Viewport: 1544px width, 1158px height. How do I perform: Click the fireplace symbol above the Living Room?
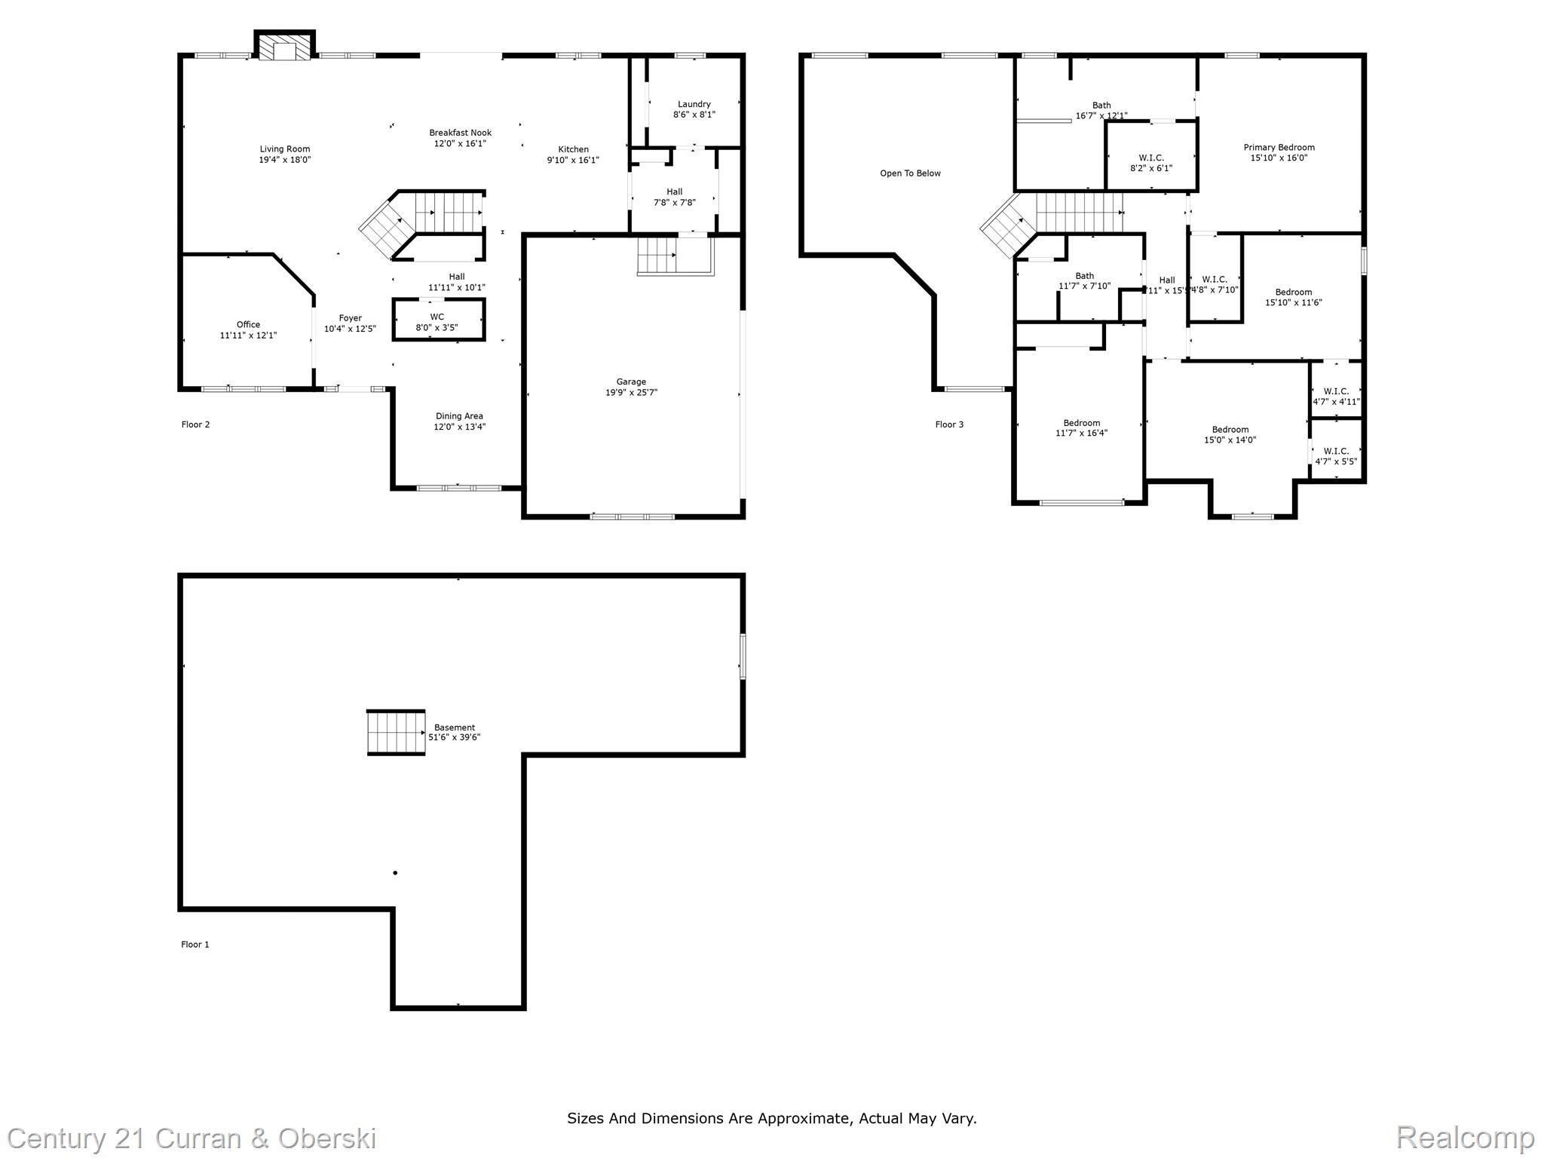tap(284, 47)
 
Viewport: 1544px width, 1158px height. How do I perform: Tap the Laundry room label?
tap(694, 105)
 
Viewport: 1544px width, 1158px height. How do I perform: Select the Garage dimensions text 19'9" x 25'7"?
tap(631, 393)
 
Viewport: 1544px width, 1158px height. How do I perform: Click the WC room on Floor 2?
tap(437, 321)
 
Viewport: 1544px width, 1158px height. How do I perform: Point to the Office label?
tap(248, 325)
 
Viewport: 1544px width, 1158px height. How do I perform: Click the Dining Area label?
tap(459, 416)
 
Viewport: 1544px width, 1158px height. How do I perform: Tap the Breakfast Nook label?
tap(460, 133)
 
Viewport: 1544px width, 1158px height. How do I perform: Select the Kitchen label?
tap(573, 149)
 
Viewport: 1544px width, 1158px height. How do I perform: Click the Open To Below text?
tap(910, 173)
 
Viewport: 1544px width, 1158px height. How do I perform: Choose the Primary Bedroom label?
tap(1279, 148)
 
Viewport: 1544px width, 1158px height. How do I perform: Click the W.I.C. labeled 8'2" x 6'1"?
tap(1150, 163)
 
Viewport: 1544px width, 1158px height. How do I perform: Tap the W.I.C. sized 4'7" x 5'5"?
tap(1336, 457)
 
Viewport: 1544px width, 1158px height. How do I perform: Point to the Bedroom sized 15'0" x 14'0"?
tap(1230, 435)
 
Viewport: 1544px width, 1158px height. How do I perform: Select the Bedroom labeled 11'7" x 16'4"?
tap(1081, 428)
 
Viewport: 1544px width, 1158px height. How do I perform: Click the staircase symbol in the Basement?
tap(396, 732)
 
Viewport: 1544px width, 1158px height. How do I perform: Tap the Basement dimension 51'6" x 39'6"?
tap(454, 737)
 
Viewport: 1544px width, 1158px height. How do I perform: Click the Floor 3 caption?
tap(949, 424)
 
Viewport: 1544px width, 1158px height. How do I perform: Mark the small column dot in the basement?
tap(395, 873)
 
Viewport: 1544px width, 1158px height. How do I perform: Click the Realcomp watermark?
tap(1464, 1137)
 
